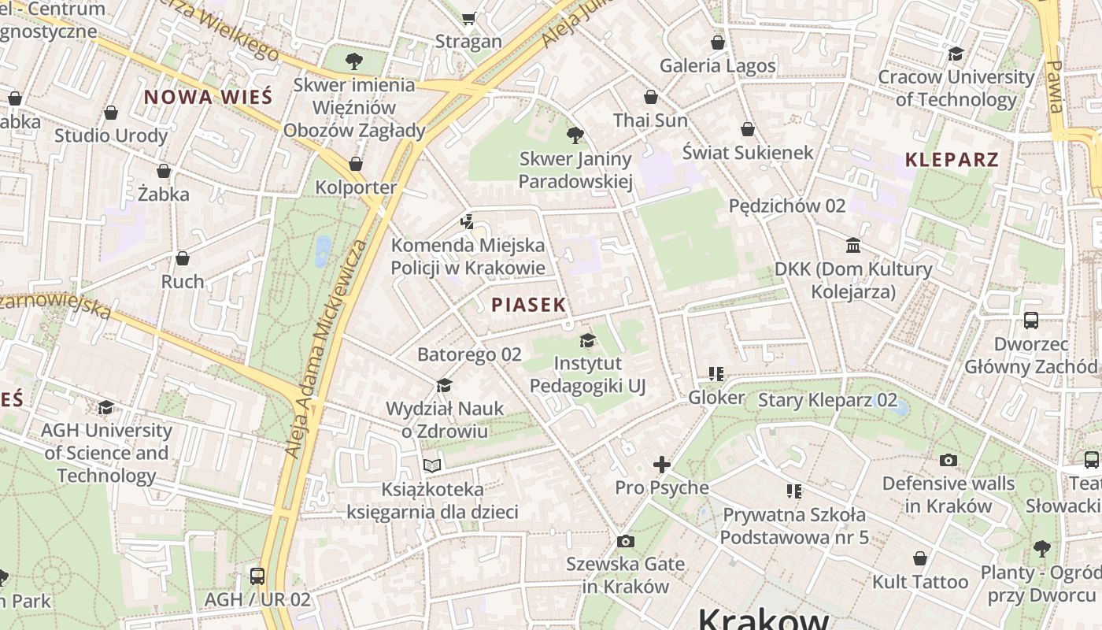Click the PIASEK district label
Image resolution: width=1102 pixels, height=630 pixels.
point(528,305)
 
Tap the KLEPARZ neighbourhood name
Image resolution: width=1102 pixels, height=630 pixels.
point(952,160)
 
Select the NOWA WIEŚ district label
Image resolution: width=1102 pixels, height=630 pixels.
point(208,98)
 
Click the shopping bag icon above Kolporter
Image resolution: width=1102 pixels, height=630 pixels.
point(356,164)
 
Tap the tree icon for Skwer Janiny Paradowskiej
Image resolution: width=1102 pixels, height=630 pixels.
point(575,135)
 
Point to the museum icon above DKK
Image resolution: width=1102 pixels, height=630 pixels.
point(853,246)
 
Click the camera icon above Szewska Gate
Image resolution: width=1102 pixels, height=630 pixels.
point(626,541)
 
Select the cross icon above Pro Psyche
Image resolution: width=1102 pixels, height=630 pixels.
point(662,465)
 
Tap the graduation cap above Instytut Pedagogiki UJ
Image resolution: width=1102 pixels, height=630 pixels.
point(587,340)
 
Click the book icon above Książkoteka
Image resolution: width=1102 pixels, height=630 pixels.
point(432,465)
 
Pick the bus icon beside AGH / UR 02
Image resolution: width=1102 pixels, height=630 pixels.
point(257,576)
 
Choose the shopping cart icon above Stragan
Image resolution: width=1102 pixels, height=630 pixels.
point(469,18)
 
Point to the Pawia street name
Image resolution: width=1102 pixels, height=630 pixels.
point(1055,87)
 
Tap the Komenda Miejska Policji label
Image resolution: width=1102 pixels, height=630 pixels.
point(468,256)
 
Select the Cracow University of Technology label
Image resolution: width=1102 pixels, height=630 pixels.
point(956,88)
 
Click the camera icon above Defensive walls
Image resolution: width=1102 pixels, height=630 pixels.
point(949,460)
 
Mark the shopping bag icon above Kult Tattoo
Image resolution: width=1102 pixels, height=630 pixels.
point(919,558)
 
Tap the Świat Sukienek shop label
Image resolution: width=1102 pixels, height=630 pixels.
point(747,152)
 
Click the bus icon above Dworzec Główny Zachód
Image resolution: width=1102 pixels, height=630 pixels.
point(1030,321)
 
